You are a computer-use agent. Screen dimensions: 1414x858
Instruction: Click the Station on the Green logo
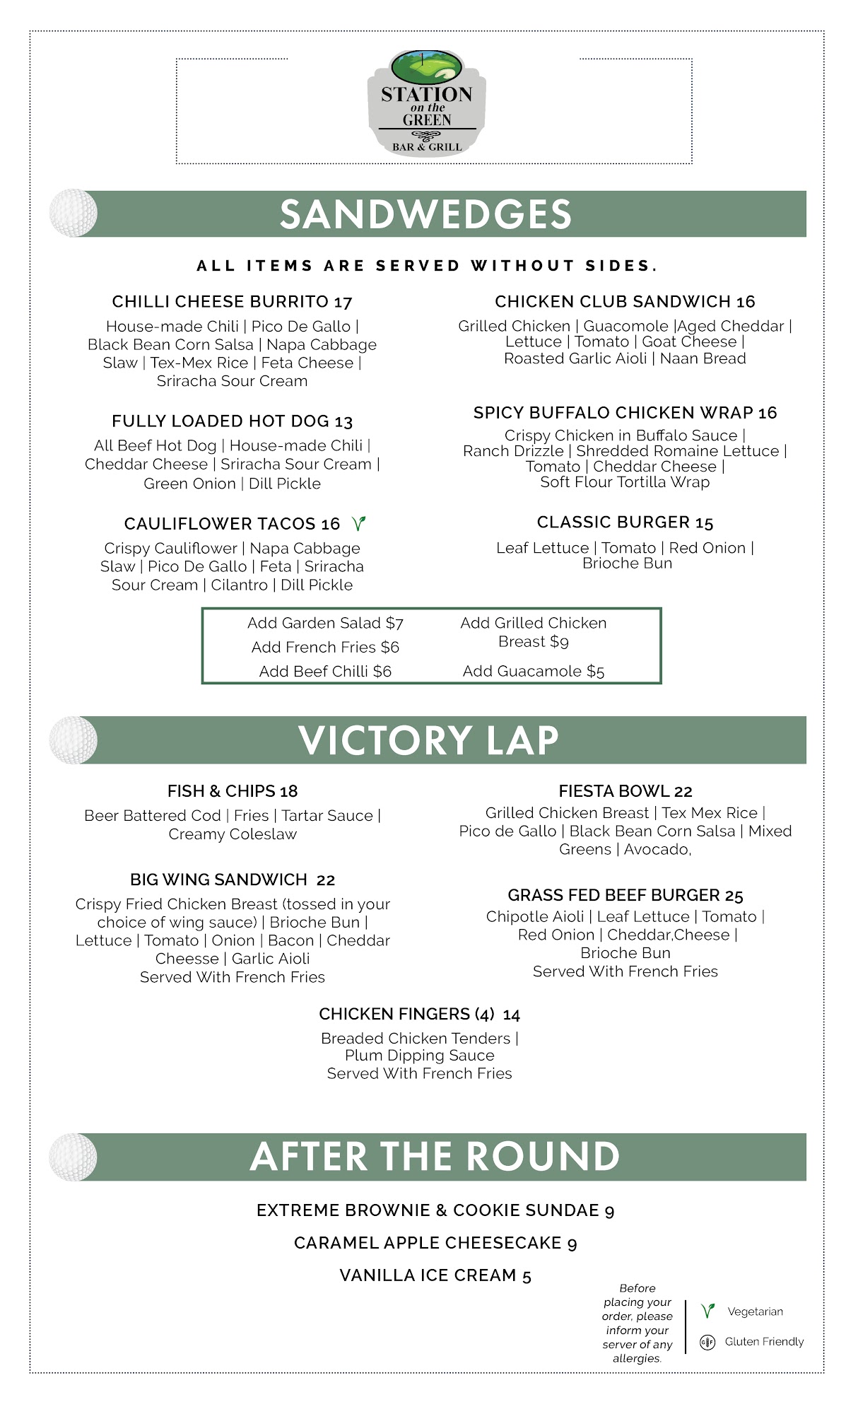427,103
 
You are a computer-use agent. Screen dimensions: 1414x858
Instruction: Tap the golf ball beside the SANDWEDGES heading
74,213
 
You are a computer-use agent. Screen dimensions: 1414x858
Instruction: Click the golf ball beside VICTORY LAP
74,740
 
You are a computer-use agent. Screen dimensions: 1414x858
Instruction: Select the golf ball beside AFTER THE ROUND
74,1157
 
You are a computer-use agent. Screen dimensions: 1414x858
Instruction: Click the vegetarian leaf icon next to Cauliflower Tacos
359,524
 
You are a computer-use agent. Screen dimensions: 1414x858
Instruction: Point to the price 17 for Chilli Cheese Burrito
343,303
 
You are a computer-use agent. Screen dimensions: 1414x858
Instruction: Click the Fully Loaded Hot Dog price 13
343,422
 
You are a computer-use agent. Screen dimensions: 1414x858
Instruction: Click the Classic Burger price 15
705,523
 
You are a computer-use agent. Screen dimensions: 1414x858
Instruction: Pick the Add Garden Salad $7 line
325,624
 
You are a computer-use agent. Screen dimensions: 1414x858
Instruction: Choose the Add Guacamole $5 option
534,672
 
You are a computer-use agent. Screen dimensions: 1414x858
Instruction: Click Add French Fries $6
325,648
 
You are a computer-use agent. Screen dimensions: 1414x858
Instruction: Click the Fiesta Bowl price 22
683,792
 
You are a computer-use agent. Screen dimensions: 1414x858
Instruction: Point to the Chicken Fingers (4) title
407,1015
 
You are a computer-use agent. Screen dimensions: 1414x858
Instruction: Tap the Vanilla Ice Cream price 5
527,1276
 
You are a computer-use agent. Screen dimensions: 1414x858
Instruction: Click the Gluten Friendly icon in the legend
707,1342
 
